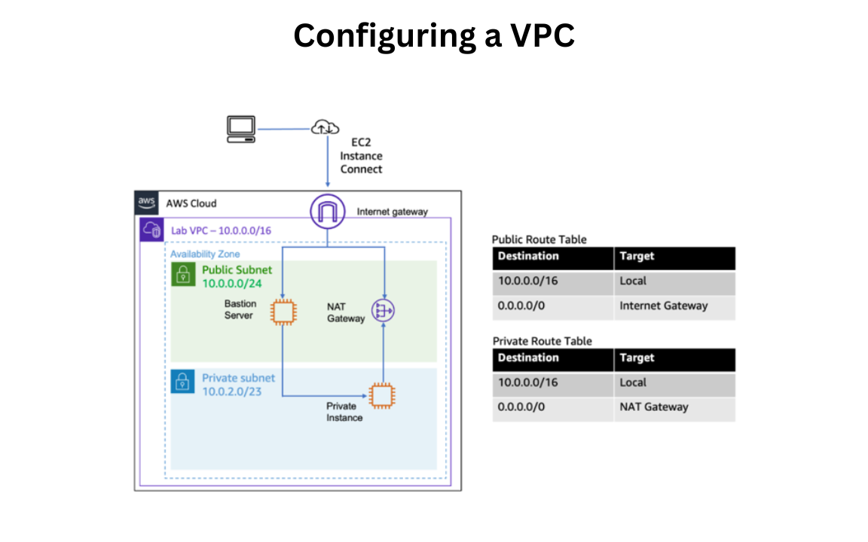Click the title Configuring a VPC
tap(434, 35)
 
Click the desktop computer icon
tap(241, 129)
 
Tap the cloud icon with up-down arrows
tap(325, 129)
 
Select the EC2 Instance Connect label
tap(361, 156)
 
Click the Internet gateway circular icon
tap(327, 211)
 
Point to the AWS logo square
tap(146, 202)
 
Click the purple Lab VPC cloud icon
tap(152, 230)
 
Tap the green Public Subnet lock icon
tap(182, 275)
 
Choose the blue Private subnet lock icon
tap(182, 382)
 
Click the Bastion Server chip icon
tap(283, 311)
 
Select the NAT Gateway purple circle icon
tap(384, 310)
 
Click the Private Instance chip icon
tap(381, 395)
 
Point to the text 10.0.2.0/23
tap(231, 391)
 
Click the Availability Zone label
tap(205, 254)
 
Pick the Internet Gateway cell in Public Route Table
tap(663, 306)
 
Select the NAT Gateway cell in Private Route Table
tap(653, 407)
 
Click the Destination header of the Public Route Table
tap(528, 257)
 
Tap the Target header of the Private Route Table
tap(637, 358)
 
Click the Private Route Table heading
tap(542, 341)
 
